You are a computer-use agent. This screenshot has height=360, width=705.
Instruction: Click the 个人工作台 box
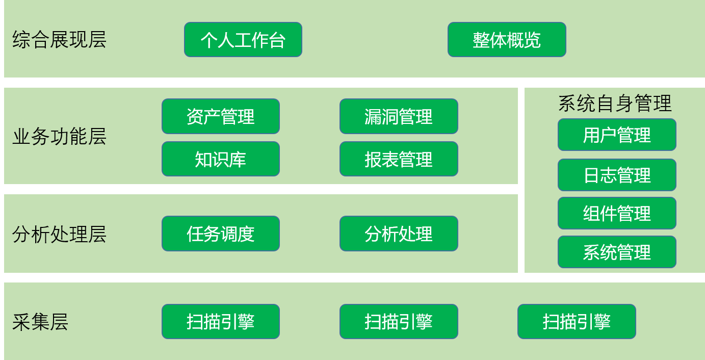243,40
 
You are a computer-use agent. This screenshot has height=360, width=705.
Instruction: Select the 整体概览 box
507,40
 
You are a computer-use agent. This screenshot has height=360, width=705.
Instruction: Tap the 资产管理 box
221,116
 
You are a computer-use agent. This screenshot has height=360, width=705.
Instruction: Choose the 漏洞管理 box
399,116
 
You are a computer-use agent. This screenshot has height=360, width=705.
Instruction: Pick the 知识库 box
221,159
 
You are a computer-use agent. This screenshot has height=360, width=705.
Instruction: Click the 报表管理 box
399,159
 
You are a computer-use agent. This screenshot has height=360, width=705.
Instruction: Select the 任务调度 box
221,234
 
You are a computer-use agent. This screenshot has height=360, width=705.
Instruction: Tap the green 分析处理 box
399,234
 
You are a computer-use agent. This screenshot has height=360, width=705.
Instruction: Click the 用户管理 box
617,135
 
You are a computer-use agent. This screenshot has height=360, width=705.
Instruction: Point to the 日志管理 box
617,175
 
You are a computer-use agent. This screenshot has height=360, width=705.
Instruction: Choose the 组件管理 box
617,213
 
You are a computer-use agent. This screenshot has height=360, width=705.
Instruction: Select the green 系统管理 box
617,252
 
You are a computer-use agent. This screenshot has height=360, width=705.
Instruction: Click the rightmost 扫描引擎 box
577,321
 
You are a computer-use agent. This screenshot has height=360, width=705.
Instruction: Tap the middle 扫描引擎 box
399,321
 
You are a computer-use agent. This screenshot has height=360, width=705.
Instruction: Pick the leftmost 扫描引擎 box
221,321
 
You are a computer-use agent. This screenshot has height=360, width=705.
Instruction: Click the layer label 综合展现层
59,40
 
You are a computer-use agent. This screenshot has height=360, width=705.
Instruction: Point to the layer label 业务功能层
59,137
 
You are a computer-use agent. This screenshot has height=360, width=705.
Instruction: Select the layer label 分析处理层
59,234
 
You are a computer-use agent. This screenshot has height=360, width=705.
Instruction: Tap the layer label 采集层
40,322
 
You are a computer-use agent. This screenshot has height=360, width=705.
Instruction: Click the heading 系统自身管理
615,104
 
